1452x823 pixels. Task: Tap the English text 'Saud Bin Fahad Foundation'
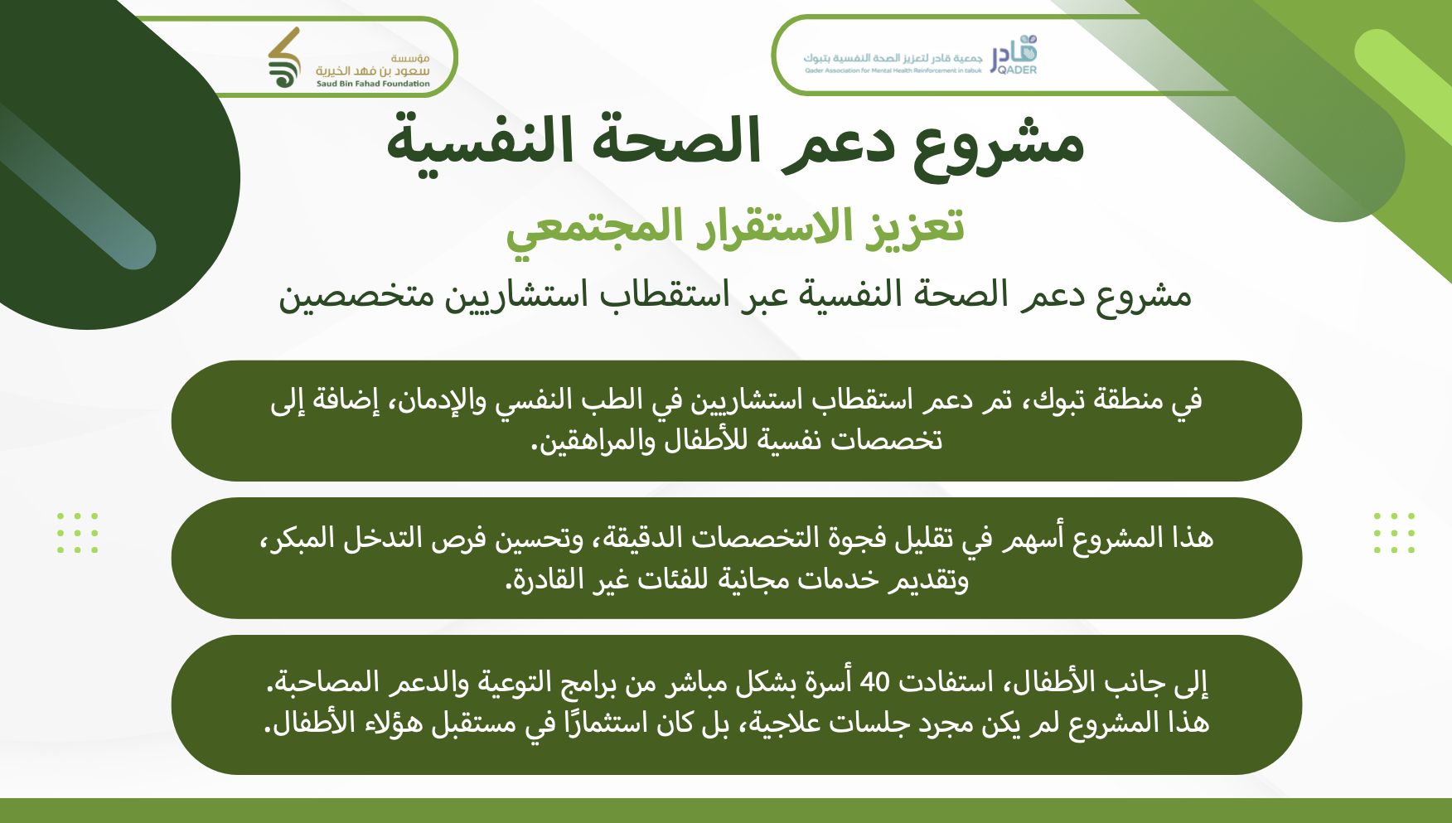[373, 84]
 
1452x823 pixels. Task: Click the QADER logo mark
[1014, 55]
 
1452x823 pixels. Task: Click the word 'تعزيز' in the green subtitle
[916, 226]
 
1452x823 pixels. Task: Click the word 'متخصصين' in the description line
[356, 296]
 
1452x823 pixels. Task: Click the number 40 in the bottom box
[875, 682]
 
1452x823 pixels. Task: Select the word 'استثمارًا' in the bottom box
[605, 723]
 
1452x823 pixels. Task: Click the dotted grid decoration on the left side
[78, 533]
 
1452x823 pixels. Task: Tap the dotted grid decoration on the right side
[1394, 533]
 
